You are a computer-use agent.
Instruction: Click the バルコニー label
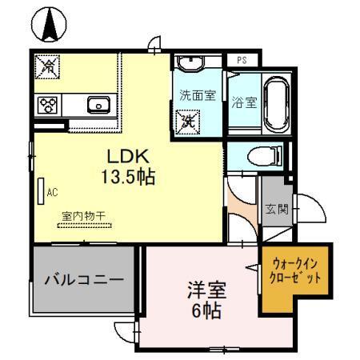click(x=83, y=280)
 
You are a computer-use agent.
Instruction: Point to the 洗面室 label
click(x=197, y=95)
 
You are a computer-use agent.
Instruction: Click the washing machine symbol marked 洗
click(x=188, y=122)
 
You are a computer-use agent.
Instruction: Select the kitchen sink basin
click(x=99, y=104)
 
